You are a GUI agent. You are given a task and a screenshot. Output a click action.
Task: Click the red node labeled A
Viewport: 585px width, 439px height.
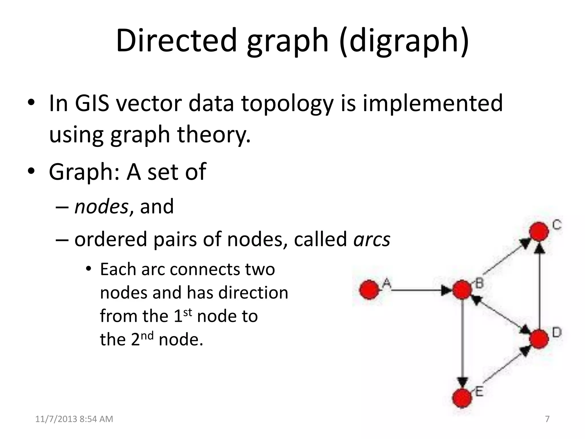click(x=369, y=290)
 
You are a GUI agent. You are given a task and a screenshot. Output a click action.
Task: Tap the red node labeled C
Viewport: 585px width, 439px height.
click(x=539, y=232)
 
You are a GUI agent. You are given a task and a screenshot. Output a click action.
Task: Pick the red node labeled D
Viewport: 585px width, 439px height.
click(x=539, y=339)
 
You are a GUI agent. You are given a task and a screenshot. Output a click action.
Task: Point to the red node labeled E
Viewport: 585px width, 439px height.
click(x=462, y=398)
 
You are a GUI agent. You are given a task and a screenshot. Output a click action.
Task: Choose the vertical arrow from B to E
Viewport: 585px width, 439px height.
click(x=462, y=343)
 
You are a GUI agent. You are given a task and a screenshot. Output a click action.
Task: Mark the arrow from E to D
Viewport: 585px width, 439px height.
click(x=503, y=367)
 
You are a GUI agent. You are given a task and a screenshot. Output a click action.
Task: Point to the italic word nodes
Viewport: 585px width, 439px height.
click(x=101, y=206)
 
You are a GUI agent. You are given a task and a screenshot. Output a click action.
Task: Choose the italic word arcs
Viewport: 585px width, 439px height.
click(x=372, y=240)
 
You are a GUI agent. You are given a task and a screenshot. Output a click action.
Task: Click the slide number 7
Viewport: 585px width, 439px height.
click(x=547, y=419)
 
